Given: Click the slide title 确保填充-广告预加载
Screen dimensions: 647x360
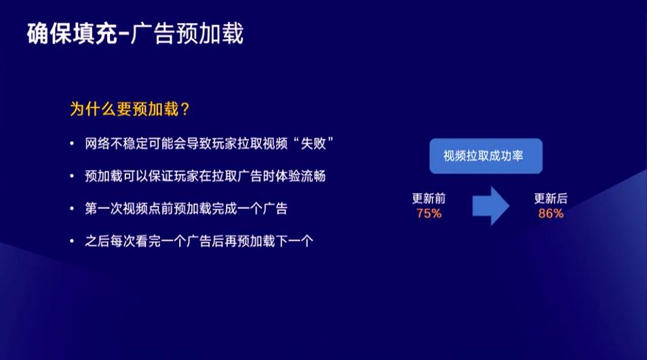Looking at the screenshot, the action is [135, 33].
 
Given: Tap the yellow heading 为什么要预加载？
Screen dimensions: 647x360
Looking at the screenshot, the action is [130, 109].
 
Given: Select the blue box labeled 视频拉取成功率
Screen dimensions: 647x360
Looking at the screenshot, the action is [486, 156].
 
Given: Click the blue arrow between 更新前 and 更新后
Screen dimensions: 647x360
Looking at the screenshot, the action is [490, 205].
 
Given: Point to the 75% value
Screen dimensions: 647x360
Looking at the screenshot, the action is [429, 214].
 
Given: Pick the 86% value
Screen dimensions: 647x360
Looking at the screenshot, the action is [551, 214].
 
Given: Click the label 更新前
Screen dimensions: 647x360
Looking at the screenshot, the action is [429, 199].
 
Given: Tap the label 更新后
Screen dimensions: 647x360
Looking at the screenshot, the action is [551, 199].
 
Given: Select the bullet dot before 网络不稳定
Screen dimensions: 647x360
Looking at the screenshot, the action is [72, 144].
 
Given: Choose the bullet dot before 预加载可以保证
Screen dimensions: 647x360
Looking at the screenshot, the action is [72, 176].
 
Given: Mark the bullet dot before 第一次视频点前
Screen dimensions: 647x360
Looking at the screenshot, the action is [72, 208].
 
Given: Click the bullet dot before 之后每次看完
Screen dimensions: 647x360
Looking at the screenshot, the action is [72, 241].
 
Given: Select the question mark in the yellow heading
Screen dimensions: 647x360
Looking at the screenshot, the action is [184, 110].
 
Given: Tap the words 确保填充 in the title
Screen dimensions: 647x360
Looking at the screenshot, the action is [72, 33].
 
